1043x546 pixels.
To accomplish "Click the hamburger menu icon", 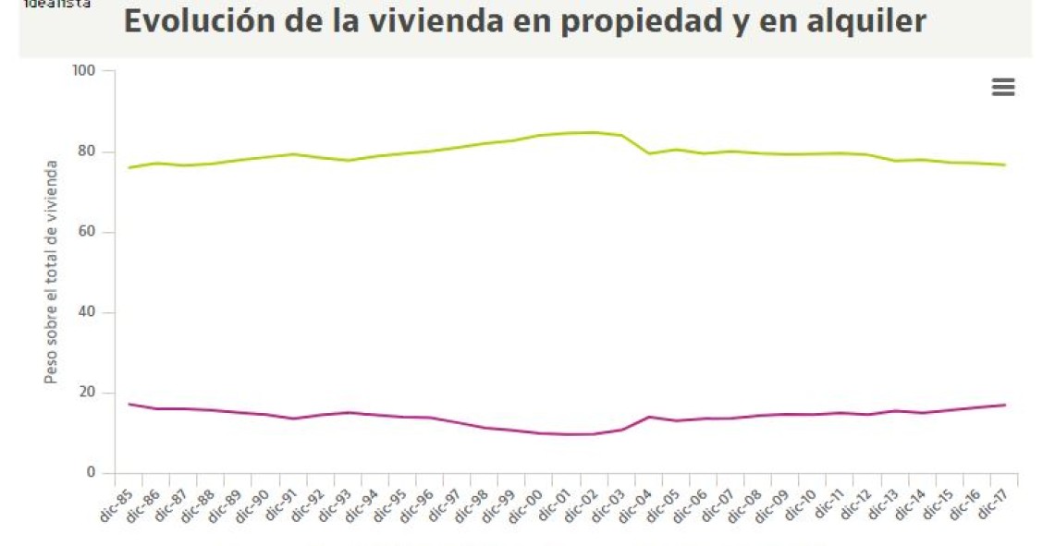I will pyautogui.click(x=1002, y=87).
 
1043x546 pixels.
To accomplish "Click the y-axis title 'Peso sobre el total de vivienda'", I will pyautogui.click(x=53, y=272).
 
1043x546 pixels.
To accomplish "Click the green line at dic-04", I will pyautogui.click(x=650, y=153).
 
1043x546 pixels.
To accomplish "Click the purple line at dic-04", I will pyautogui.click(x=650, y=417).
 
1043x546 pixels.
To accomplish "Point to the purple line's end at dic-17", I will pyautogui.click(x=1005, y=405).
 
